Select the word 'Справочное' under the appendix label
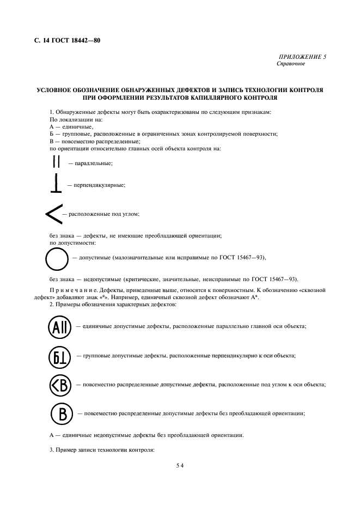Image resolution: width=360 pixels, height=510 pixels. [x=291, y=63]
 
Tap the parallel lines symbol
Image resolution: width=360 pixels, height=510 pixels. [x=56, y=162]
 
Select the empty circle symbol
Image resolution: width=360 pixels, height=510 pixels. [x=56, y=258]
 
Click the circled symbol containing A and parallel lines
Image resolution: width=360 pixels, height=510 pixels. [x=58, y=326]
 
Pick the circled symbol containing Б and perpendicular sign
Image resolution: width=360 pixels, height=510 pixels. [x=58, y=356]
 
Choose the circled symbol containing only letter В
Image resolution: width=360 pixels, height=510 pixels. [x=62, y=414]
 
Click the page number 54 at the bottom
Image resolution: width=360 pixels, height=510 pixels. [x=180, y=466]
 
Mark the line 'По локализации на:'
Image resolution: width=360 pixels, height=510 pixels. [x=74, y=119]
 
